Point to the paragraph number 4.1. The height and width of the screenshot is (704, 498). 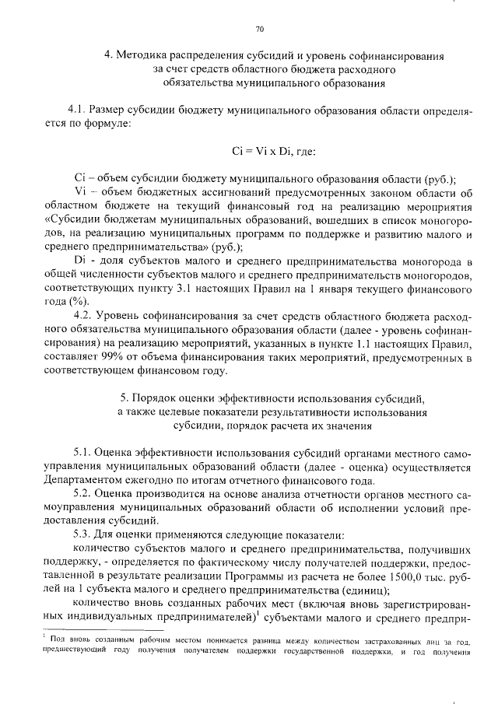(80, 110)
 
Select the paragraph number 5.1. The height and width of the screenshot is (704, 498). (83, 452)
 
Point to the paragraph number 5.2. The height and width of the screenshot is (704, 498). (83, 493)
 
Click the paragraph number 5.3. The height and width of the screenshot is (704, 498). (83, 534)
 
